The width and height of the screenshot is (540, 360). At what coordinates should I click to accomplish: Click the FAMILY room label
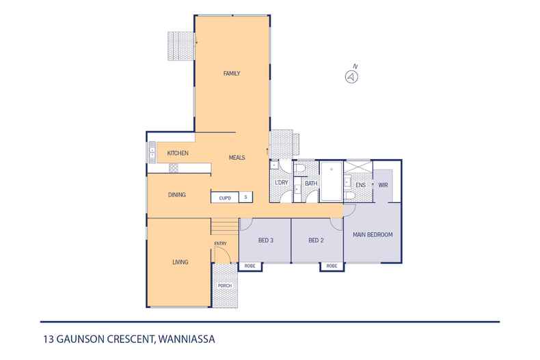(232, 73)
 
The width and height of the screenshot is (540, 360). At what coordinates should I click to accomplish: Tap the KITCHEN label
(178, 153)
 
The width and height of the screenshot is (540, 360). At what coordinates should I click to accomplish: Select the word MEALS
(237, 158)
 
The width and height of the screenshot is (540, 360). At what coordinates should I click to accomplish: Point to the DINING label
(177, 195)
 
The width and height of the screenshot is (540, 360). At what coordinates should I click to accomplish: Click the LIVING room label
(180, 262)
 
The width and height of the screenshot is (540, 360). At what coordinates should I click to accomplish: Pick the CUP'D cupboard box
(224, 197)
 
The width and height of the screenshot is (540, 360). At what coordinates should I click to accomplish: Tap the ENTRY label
(220, 243)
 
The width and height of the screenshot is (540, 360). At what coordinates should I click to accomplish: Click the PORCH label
(224, 286)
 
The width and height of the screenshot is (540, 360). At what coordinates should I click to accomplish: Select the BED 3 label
(266, 240)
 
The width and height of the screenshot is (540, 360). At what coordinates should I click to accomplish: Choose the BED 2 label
(315, 240)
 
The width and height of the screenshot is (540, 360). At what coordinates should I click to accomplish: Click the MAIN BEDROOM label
(373, 234)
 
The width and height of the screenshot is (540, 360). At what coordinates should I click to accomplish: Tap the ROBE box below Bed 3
(250, 266)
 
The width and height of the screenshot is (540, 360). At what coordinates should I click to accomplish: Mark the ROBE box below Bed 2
(332, 266)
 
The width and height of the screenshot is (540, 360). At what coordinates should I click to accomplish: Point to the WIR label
(383, 184)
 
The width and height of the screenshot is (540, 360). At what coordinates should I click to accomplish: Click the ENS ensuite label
(360, 184)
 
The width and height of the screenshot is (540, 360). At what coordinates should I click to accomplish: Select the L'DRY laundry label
(281, 183)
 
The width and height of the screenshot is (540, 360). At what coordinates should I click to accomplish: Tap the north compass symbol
(351, 77)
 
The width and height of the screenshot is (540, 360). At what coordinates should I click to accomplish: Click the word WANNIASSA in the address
(189, 338)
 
